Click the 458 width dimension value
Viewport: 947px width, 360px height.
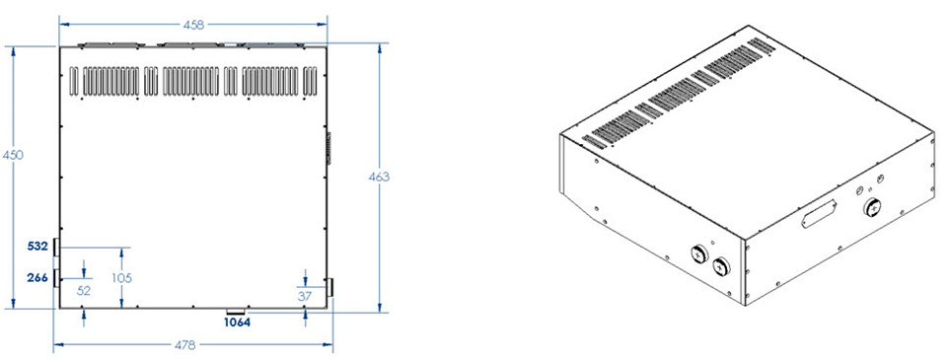pos(193,25)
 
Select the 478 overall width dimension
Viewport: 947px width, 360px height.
pos(184,345)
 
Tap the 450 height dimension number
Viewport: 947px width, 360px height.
pos(12,155)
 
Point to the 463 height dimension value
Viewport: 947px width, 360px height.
pos(380,177)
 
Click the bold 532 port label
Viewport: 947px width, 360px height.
pos(38,246)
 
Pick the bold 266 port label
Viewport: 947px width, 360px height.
pos(38,278)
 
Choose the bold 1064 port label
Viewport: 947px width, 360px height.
pos(237,323)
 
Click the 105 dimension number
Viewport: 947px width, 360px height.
pos(121,278)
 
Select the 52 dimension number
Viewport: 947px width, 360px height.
pos(84,291)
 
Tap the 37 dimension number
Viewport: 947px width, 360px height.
pos(306,295)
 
